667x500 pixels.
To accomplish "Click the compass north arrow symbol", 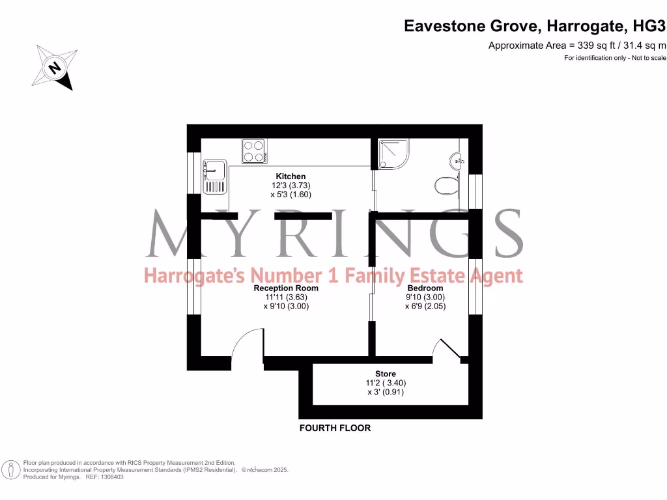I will click(54, 67).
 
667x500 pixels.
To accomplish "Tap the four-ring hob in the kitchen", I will click(254, 152).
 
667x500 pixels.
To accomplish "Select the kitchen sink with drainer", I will click(214, 177).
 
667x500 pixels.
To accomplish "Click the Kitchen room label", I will click(291, 176).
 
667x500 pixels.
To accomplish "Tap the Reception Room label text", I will click(286, 288).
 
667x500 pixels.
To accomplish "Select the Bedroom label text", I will click(425, 288).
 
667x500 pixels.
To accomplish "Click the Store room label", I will click(385, 374).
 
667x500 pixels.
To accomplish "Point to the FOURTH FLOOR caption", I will click(335, 428).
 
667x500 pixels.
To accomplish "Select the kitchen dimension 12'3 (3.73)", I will click(291, 186).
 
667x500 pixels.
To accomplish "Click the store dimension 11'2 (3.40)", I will click(385, 383).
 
